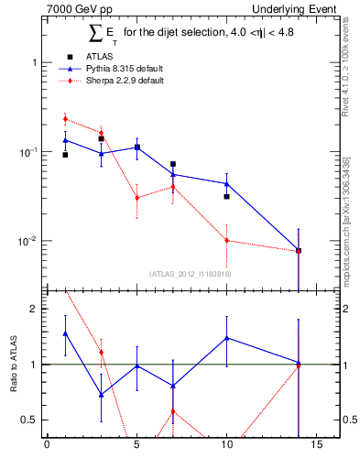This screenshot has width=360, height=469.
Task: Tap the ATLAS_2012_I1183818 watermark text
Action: [190, 273]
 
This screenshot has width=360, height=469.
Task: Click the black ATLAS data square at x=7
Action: [173, 164]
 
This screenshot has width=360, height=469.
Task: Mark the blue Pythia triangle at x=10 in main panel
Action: [226, 184]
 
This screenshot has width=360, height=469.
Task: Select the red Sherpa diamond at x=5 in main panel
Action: [136, 198]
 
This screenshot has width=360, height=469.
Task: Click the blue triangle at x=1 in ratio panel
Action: [65, 333]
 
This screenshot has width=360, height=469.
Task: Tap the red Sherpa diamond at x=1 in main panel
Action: [65, 119]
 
